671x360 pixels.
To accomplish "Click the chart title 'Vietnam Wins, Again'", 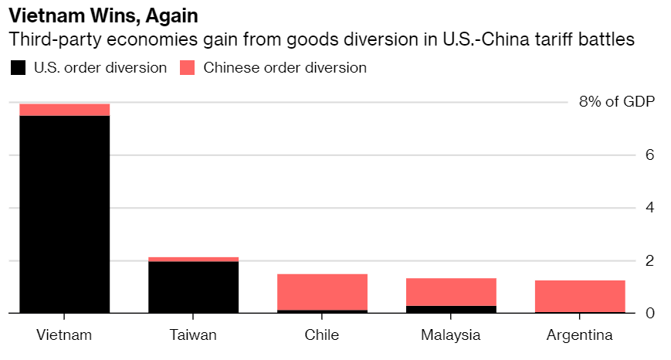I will pyautogui.click(x=108, y=15).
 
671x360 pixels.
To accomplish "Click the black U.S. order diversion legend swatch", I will pyautogui.click(x=18, y=68).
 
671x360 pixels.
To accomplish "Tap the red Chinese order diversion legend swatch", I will pyautogui.click(x=188, y=68).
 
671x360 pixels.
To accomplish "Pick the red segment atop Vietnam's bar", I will pyautogui.click(x=65, y=110).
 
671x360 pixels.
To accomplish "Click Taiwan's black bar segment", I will pyautogui.click(x=193, y=287).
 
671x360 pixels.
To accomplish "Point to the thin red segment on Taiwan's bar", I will pyautogui.click(x=193, y=260).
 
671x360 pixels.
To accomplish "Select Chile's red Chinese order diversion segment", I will pyautogui.click(x=322, y=291).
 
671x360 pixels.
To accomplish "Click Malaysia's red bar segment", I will pyautogui.click(x=451, y=291).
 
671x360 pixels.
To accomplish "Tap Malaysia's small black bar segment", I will pyautogui.click(x=451, y=309).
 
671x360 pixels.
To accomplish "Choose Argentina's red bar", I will pyautogui.click(x=579, y=296).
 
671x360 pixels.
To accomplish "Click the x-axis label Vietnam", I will pyautogui.click(x=65, y=335).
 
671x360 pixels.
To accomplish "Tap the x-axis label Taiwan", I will pyautogui.click(x=193, y=335).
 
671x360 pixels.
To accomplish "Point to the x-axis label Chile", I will pyautogui.click(x=322, y=335).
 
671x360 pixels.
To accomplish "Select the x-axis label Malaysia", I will pyautogui.click(x=451, y=335).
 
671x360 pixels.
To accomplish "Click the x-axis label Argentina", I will pyautogui.click(x=579, y=335).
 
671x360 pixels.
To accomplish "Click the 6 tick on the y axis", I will pyautogui.click(x=649, y=155).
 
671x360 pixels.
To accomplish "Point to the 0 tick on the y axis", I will pyautogui.click(x=649, y=314).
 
